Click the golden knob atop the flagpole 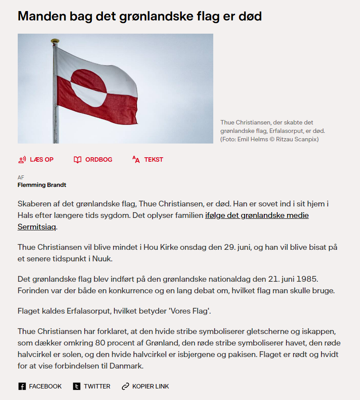(x=55, y=41)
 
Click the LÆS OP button (x=36, y=159)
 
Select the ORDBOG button (x=93, y=159)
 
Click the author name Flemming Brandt (x=42, y=185)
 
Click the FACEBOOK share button (x=40, y=386)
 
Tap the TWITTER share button (x=92, y=386)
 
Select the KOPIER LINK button (x=145, y=386)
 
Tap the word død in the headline (x=249, y=16)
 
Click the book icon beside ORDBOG (x=78, y=159)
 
